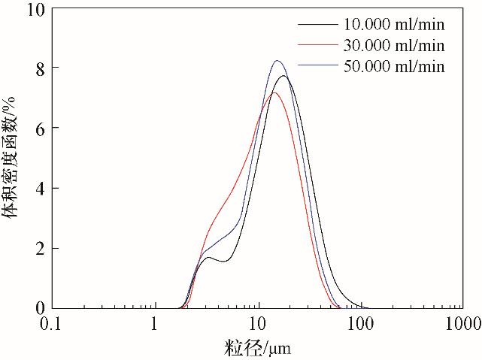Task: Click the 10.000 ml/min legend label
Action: [x=393, y=25]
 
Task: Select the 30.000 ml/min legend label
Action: [x=393, y=46]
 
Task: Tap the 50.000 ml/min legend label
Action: [x=393, y=67]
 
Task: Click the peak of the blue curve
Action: [x=277, y=61]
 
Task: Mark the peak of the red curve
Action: [x=274, y=92]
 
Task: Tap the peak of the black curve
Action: [x=283, y=76]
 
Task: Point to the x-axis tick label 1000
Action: [x=462, y=325]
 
